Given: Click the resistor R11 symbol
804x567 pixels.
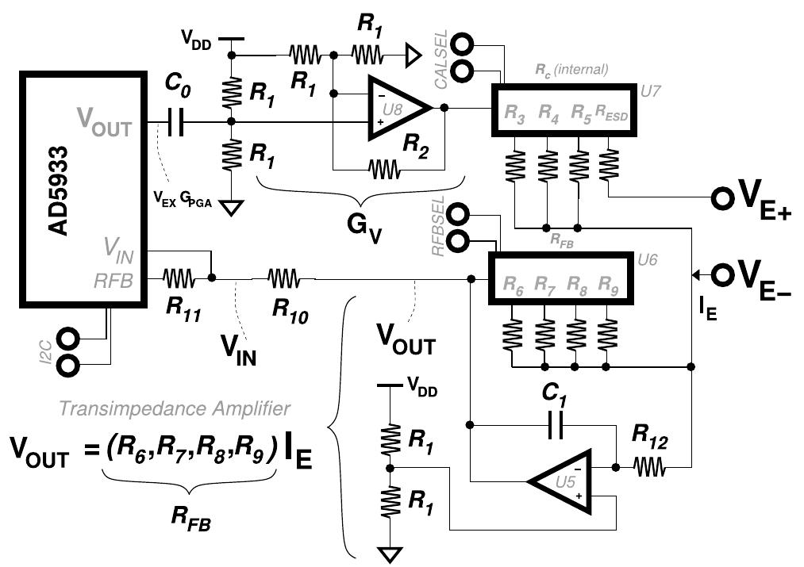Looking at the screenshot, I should point(179,278).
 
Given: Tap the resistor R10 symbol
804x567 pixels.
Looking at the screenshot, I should point(283,278).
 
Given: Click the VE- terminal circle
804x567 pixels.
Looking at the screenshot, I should point(722,275).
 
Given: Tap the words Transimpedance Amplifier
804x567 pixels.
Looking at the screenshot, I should point(174,408).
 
